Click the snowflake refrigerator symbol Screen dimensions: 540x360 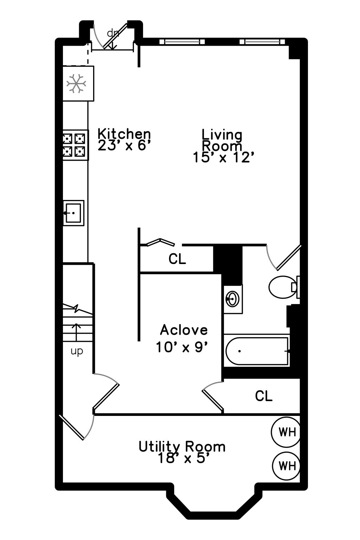[76, 84]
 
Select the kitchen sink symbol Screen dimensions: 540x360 [73, 213]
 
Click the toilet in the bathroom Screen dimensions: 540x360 [282, 287]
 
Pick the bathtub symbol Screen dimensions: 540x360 [257, 351]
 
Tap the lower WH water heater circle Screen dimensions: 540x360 [287, 466]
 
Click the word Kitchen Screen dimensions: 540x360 [124, 134]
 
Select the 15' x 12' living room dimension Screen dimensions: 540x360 [223, 157]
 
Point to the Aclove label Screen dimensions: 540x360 [184, 330]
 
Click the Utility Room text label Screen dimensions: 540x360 [182, 446]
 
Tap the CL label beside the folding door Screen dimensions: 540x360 [177, 259]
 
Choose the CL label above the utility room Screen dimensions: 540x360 [264, 396]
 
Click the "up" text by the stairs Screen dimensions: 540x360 [77, 351]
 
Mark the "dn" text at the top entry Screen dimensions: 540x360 [113, 33]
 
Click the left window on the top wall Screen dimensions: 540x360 [182, 42]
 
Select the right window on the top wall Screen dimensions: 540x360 [262, 42]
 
